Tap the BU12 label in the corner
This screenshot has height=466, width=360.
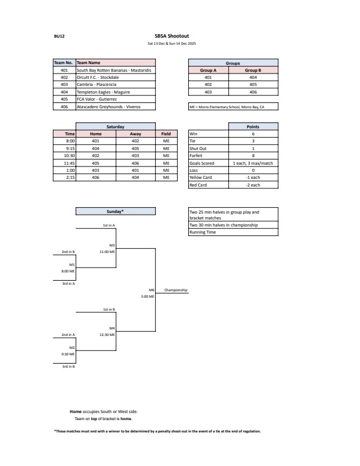tap(59, 36)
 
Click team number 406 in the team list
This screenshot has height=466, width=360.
tap(64, 107)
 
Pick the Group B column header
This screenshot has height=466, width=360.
tap(253, 70)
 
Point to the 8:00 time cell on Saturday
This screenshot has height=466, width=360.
tap(69, 141)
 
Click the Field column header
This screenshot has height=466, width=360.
tap(166, 134)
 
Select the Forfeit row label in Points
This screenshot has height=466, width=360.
tap(196, 155)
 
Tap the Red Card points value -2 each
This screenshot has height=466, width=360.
tap(253, 185)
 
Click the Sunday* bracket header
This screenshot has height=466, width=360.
tap(115, 211)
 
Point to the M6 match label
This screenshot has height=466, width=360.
tap(151, 290)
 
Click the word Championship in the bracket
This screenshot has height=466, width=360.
tap(175, 290)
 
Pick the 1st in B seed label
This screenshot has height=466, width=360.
tap(109, 309)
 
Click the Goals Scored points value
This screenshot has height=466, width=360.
tap(253, 163)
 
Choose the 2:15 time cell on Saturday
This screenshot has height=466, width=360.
tap(69, 177)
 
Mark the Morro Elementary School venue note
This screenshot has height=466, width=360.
tap(226, 107)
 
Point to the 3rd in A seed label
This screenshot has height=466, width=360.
tap(68, 284)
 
